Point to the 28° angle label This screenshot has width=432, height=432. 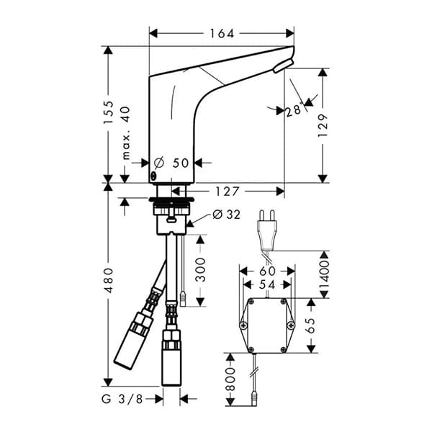(x=292, y=110)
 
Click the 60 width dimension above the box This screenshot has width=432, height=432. (x=266, y=271)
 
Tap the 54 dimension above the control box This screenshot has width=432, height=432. (x=266, y=286)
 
